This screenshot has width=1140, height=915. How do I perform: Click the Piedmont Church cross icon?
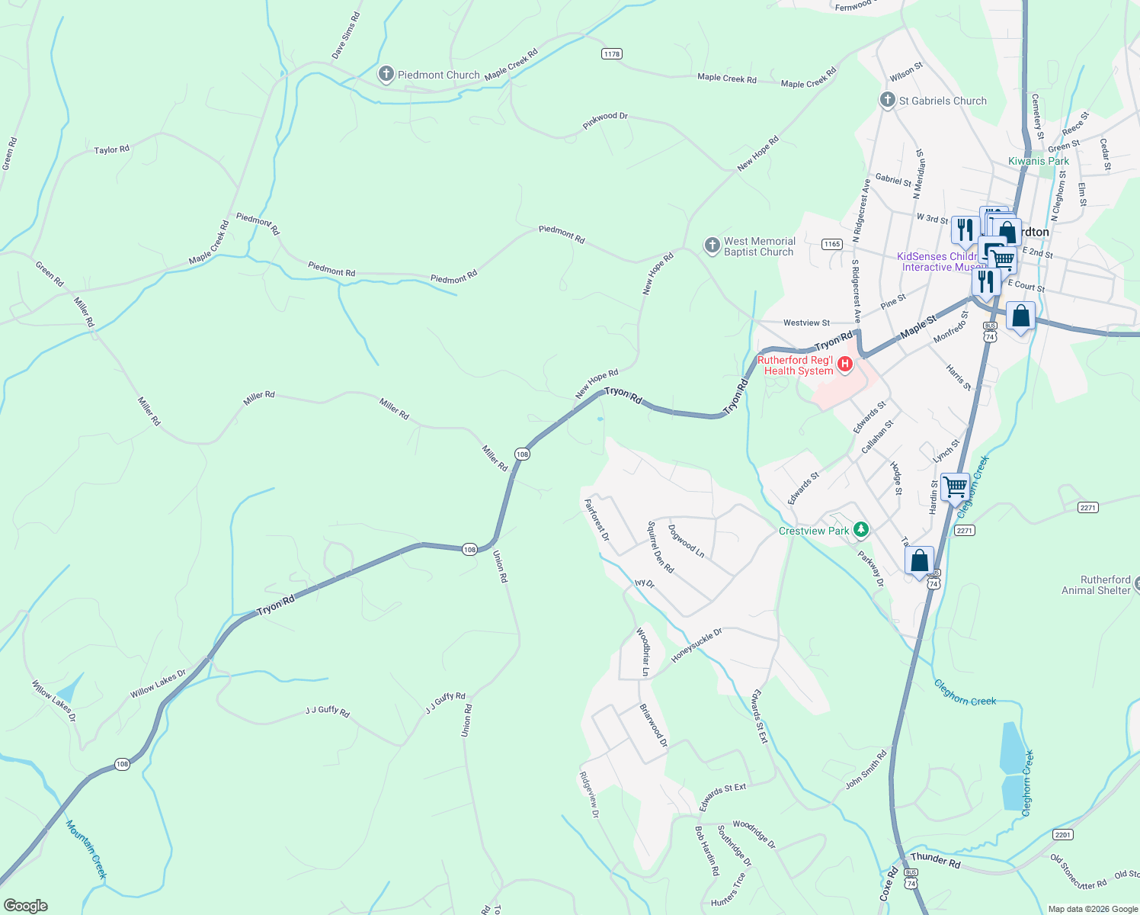pyautogui.click(x=386, y=75)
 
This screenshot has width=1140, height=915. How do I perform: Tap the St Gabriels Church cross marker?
pyautogui.click(x=887, y=101)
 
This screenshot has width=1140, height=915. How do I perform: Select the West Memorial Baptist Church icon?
pyautogui.click(x=712, y=246)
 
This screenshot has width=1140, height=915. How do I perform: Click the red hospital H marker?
pyautogui.click(x=844, y=365)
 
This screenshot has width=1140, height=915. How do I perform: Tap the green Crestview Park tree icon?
pyautogui.click(x=860, y=529)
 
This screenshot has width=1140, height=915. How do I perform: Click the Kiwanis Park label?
pyautogui.click(x=1039, y=161)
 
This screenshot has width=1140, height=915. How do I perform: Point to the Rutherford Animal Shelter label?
pyautogui.click(x=1096, y=585)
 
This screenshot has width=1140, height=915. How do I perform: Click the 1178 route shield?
pyautogui.click(x=611, y=53)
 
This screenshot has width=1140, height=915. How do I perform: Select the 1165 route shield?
pyautogui.click(x=831, y=244)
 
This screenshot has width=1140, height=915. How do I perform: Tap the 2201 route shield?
pyautogui.click(x=1062, y=835)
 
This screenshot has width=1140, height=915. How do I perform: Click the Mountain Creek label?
pyautogui.click(x=85, y=849)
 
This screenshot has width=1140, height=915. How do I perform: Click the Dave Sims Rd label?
pyautogui.click(x=345, y=36)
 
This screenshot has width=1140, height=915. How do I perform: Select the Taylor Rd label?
pyautogui.click(x=111, y=150)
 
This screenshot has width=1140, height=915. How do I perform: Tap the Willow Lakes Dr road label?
pyautogui.click(x=158, y=684)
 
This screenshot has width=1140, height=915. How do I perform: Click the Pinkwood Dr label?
pyautogui.click(x=605, y=121)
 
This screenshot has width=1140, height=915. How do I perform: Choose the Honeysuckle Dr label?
pyautogui.click(x=696, y=646)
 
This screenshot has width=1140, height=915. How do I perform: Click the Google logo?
pyautogui.click(x=26, y=906)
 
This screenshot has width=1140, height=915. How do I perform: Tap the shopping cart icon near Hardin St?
pyautogui.click(x=955, y=486)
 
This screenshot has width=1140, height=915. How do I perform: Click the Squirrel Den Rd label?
pyautogui.click(x=660, y=547)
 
